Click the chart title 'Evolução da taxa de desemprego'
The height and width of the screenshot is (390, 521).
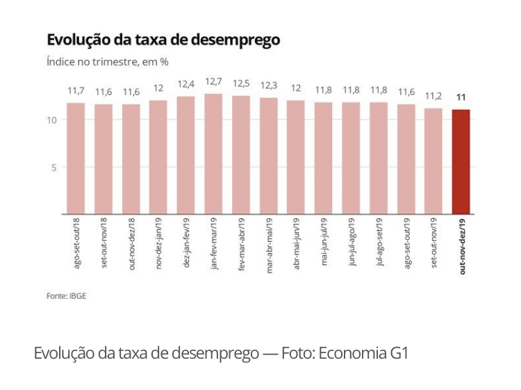[x=163, y=40]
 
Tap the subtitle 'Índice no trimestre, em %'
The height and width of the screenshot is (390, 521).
[x=107, y=61]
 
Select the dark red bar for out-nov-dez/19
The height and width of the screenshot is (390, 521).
[x=461, y=161]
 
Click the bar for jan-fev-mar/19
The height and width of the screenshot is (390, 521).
[x=213, y=154]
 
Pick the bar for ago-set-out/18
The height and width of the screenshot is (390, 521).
[x=76, y=159]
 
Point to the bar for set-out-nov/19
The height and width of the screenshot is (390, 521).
[x=433, y=161]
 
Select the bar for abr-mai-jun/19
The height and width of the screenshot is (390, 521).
[x=296, y=157]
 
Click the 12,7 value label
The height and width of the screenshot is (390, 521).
[x=213, y=82]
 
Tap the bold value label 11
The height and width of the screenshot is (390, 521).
[x=461, y=97]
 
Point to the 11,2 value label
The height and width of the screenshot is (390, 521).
[x=433, y=96]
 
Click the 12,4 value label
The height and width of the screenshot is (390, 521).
[x=186, y=85]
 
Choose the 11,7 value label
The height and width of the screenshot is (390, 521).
[x=76, y=91]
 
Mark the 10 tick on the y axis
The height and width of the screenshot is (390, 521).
[x=51, y=120]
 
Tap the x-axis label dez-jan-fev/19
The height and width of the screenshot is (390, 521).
[x=187, y=243]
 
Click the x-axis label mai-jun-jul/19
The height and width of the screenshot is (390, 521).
[x=324, y=243]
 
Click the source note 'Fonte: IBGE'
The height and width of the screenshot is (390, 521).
[x=66, y=295]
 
